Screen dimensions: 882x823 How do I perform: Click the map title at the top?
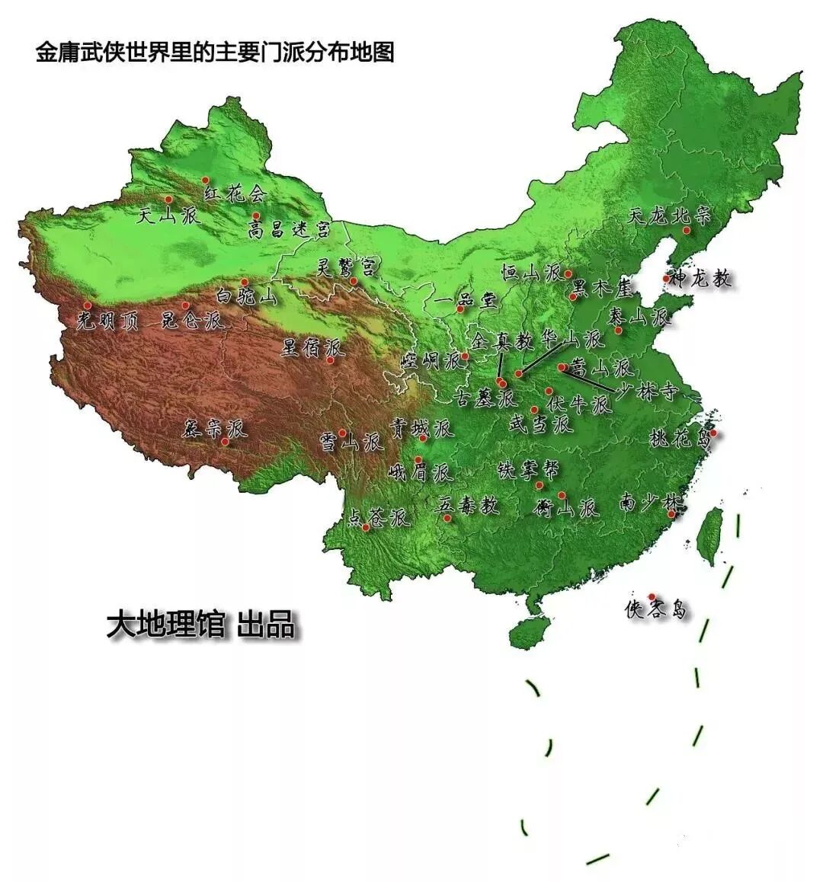[x=214, y=53]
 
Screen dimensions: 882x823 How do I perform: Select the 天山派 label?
[x=167, y=216]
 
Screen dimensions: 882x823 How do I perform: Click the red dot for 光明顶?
[x=87, y=305]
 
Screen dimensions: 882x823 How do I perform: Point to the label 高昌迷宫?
[x=289, y=228]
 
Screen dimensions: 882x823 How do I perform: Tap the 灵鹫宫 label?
[x=346, y=266]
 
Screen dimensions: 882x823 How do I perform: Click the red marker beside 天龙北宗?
[x=686, y=230]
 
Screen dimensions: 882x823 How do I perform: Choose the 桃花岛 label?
[x=680, y=438]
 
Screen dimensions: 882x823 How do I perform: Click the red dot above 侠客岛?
[x=651, y=596]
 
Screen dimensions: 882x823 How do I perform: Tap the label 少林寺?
[x=646, y=392]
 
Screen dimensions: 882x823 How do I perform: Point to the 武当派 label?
[x=540, y=424]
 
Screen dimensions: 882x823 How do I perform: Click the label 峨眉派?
[x=421, y=473]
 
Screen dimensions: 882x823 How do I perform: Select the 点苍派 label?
[x=379, y=519]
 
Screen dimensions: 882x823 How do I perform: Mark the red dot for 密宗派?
[x=225, y=441]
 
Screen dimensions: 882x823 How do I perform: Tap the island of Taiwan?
[x=711, y=536]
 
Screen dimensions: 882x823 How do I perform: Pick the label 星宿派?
[x=313, y=348]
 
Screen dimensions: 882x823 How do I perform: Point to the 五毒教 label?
[x=468, y=504]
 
